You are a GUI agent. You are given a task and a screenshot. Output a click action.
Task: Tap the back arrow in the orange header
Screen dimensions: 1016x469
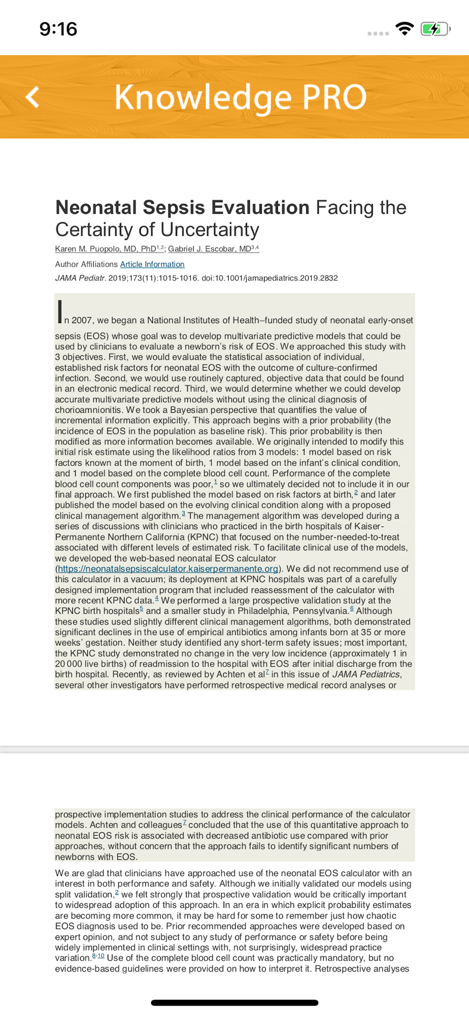pyautogui.click(x=33, y=97)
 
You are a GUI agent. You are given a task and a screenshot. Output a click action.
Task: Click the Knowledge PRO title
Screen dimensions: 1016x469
pyautogui.click(x=240, y=97)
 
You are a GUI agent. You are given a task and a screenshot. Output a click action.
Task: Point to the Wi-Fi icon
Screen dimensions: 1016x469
pyautogui.click(x=405, y=29)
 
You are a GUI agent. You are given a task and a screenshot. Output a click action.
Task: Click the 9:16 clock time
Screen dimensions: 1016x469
pyautogui.click(x=58, y=29)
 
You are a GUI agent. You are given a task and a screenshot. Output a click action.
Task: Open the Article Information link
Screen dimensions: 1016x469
pyautogui.click(x=152, y=264)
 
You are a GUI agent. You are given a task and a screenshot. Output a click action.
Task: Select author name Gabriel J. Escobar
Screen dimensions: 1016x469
pyautogui.click(x=210, y=249)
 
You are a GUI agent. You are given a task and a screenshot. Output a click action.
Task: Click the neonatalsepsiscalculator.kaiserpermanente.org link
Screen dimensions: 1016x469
pyautogui.click(x=168, y=568)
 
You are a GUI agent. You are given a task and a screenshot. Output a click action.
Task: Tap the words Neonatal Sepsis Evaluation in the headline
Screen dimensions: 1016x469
pyautogui.click(x=182, y=207)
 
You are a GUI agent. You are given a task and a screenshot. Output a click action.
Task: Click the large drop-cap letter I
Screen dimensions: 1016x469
pyautogui.click(x=60, y=311)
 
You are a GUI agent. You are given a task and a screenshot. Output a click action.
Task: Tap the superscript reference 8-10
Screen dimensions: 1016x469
pyautogui.click(x=98, y=956)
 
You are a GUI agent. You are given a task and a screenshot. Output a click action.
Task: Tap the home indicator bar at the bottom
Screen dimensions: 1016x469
pyautogui.click(x=234, y=1002)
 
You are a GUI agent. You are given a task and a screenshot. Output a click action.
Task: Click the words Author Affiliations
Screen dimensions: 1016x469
pyautogui.click(x=86, y=264)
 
